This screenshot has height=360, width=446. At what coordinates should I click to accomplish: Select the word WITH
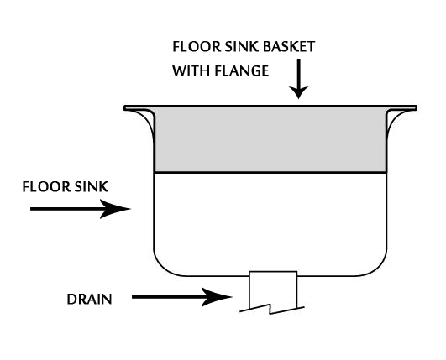tap(191, 70)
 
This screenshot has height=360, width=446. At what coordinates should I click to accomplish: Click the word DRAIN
tap(89, 300)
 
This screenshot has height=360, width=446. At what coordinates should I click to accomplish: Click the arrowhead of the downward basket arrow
tap(299, 92)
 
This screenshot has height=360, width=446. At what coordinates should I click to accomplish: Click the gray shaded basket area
tap(270, 140)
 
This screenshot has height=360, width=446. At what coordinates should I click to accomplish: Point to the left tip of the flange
tap(124, 108)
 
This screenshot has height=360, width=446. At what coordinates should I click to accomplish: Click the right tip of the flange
tap(416, 108)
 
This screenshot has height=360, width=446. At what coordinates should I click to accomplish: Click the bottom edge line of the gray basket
tap(270, 172)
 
